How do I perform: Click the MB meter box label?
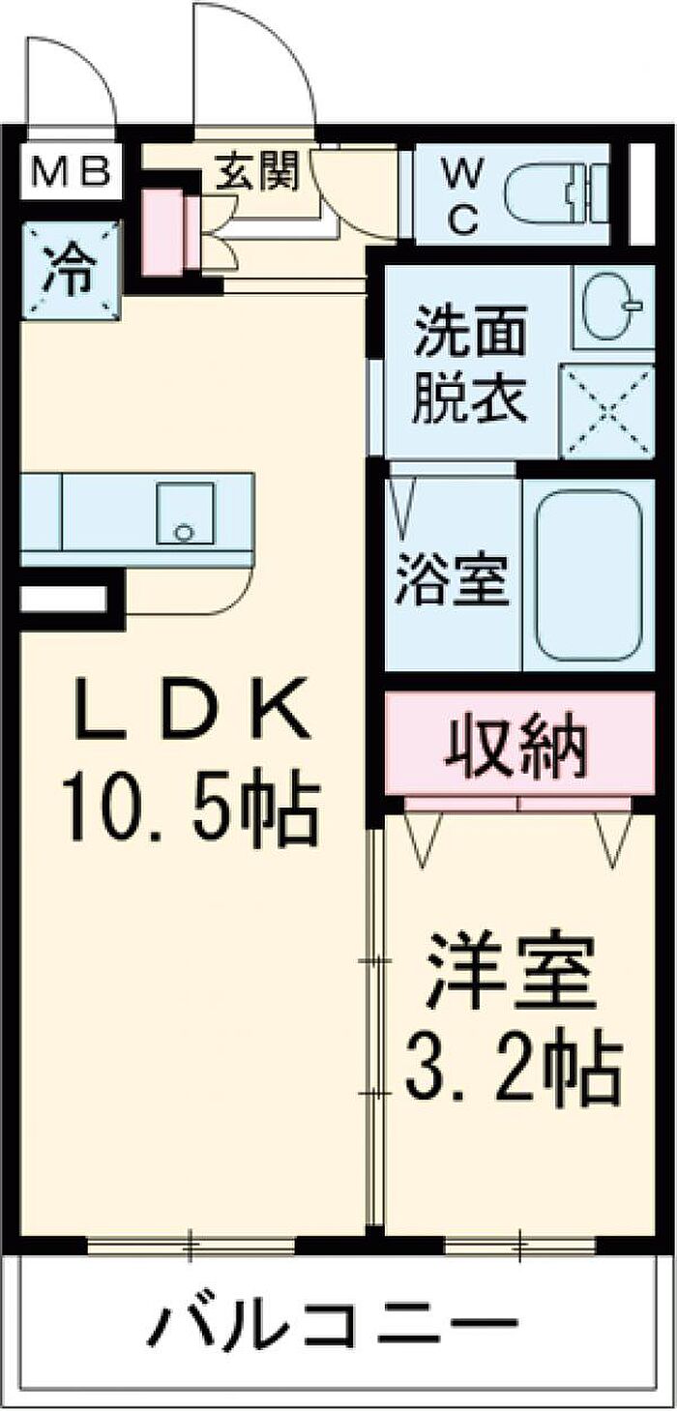(x=70, y=171)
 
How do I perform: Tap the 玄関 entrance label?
(x=257, y=171)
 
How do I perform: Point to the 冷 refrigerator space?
(x=70, y=269)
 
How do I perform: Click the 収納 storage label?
(x=515, y=747)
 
